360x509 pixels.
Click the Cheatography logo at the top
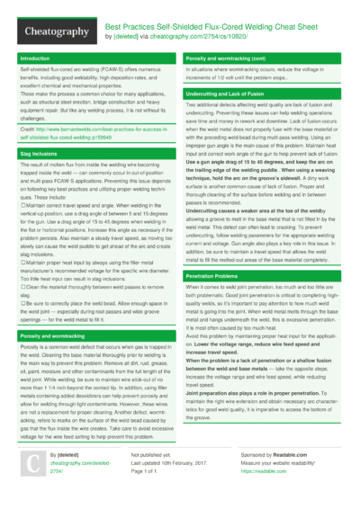pyautogui.click(x=52, y=31)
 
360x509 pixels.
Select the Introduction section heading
pyautogui.click(x=34, y=58)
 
